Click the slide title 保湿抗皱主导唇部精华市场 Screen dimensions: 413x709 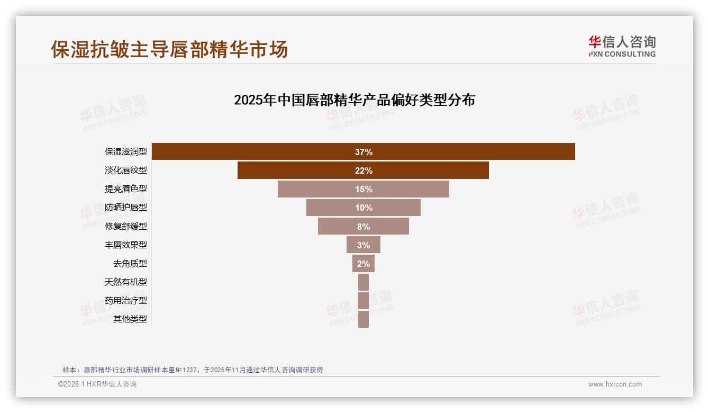tap(169, 49)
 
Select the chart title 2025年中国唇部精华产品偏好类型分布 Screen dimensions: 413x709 tap(355, 100)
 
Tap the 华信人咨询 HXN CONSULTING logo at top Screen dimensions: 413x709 tap(622, 47)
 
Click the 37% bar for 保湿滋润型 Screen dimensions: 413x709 tap(363, 152)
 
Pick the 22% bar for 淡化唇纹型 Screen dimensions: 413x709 tap(363, 170)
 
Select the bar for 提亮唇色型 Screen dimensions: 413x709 tap(363, 189)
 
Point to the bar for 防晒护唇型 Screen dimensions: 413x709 tap(363, 208)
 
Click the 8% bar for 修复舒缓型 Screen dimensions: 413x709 tap(363, 227)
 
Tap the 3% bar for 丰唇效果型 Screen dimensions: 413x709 tap(363, 245)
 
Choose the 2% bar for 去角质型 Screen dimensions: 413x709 tap(363, 264)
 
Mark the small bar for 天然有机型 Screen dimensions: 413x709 tap(363, 282)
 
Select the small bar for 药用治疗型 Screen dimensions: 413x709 tap(363, 301)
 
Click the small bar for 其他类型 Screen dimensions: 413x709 tap(363, 319)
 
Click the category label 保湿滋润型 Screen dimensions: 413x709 tap(126, 152)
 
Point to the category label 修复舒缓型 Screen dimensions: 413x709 tap(126, 227)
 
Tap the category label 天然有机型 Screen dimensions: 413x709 tap(126, 282)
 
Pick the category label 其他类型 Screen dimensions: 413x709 tap(130, 319)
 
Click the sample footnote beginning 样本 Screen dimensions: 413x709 tap(193, 370)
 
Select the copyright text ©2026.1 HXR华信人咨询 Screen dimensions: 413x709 tap(97, 384)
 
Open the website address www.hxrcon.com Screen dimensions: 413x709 tap(615, 384)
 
